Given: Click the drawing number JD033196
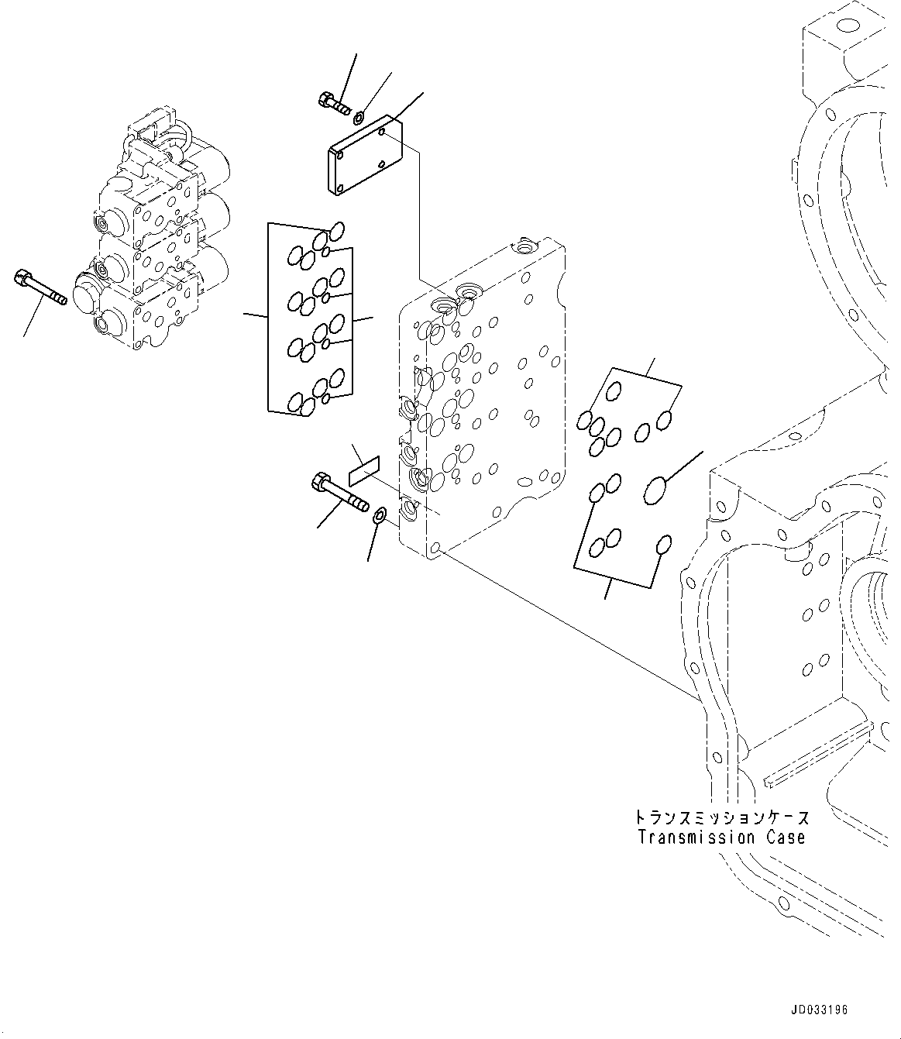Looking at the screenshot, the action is (x=819, y=1010).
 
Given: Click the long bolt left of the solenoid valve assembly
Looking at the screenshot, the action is (x=40, y=287).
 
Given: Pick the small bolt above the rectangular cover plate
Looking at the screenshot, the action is (x=335, y=103).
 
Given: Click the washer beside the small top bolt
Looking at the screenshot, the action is (x=357, y=119).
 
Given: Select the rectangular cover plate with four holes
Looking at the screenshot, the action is (x=366, y=155).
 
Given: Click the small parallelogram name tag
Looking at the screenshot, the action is (x=364, y=471).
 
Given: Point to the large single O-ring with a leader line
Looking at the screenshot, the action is (x=655, y=490).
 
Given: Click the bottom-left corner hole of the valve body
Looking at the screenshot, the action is (x=435, y=548).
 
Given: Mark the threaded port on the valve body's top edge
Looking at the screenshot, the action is (x=523, y=247).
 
